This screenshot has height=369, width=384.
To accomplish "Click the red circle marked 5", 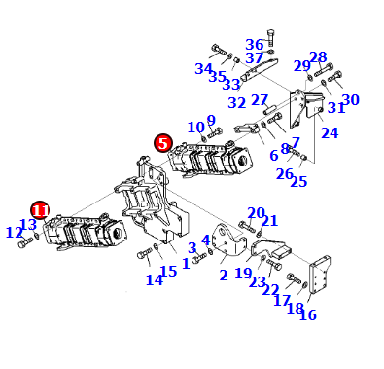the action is (x=163, y=143).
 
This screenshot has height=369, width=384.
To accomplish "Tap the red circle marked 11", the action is (x=40, y=210).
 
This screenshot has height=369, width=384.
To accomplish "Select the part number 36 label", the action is (x=255, y=45).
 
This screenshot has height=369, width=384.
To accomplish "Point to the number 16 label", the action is (x=307, y=314).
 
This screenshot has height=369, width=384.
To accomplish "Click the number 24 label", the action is (x=330, y=132).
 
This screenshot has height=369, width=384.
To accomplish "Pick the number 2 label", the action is (x=224, y=276).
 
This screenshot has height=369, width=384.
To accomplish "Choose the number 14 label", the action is (x=155, y=279).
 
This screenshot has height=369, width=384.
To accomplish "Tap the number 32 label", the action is (x=237, y=103).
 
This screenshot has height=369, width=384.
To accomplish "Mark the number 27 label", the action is (x=260, y=100).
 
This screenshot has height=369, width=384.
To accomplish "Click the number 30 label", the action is (x=351, y=100).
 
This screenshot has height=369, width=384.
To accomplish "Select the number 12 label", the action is (x=15, y=233).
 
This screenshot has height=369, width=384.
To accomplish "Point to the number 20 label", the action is (x=256, y=213).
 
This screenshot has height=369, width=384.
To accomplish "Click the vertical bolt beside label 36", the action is (x=271, y=38).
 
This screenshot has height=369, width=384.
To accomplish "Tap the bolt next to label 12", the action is (x=25, y=242).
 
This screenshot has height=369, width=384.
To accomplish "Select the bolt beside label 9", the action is (x=215, y=132).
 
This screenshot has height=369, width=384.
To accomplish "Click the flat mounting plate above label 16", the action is (x=320, y=275).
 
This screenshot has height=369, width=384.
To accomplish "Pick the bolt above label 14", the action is (x=145, y=253).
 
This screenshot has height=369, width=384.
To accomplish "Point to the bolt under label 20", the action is (x=248, y=226).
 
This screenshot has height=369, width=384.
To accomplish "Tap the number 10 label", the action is (x=196, y=128).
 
